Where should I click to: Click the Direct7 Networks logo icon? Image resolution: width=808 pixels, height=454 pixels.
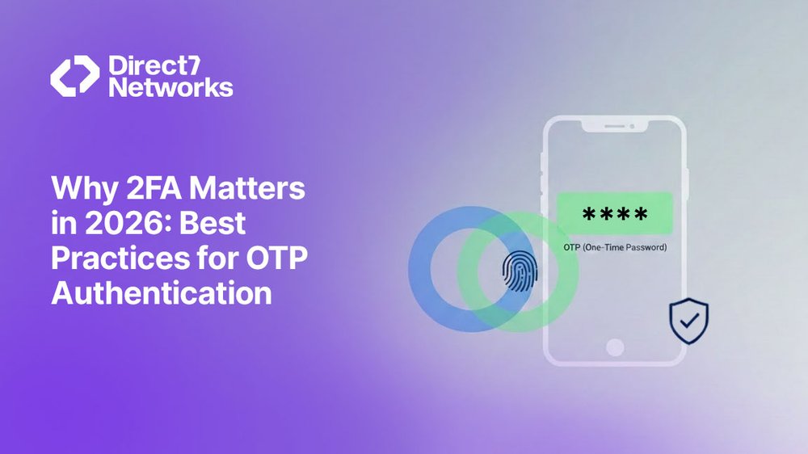(75, 77)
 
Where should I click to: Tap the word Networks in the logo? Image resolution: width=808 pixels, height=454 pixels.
(170, 87)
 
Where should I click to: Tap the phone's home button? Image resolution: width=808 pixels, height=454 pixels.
(615, 347)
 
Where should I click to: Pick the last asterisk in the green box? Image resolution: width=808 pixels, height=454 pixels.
(640, 215)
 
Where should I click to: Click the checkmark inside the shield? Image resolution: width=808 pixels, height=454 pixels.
(689, 320)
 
